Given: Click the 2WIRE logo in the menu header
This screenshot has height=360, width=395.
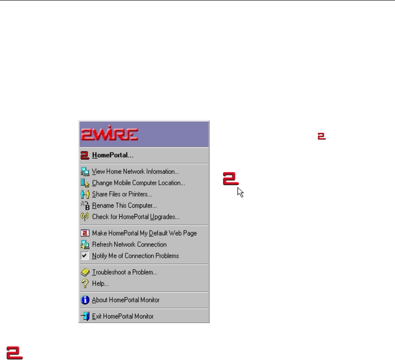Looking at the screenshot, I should (x=110, y=134).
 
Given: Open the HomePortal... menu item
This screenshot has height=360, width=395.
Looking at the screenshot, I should (x=112, y=155).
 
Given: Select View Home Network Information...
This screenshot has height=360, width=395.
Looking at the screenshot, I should (x=135, y=172).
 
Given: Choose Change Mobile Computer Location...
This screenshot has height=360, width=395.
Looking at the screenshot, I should (x=138, y=183).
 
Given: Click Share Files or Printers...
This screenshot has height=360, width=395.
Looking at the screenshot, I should (x=122, y=194).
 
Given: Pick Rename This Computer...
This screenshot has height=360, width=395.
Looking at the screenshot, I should (x=124, y=206).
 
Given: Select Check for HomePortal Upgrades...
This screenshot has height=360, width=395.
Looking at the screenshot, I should (x=136, y=217).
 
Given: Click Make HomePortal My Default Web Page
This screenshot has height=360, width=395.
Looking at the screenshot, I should (x=144, y=233).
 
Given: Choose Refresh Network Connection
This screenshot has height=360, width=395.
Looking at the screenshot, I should (x=129, y=245).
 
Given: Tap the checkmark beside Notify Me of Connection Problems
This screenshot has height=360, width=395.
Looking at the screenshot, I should (x=84, y=256).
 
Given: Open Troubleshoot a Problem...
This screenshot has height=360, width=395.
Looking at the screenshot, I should (x=125, y=272).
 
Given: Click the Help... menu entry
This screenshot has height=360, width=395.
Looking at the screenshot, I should (x=100, y=284).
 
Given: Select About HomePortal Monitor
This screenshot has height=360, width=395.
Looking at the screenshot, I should (x=126, y=300).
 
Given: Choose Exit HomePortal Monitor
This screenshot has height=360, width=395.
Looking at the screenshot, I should (x=123, y=316).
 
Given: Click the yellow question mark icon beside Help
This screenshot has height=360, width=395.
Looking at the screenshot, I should (x=84, y=284).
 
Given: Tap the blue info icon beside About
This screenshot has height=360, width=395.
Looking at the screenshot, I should (x=84, y=300).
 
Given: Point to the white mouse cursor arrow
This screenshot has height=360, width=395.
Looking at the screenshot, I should (x=240, y=192).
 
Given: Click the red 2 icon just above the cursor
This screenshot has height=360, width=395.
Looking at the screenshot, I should (x=231, y=179).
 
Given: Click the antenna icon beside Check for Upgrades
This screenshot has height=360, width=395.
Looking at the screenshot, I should (x=84, y=217).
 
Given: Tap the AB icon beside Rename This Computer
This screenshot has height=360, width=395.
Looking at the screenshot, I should (x=84, y=206).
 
